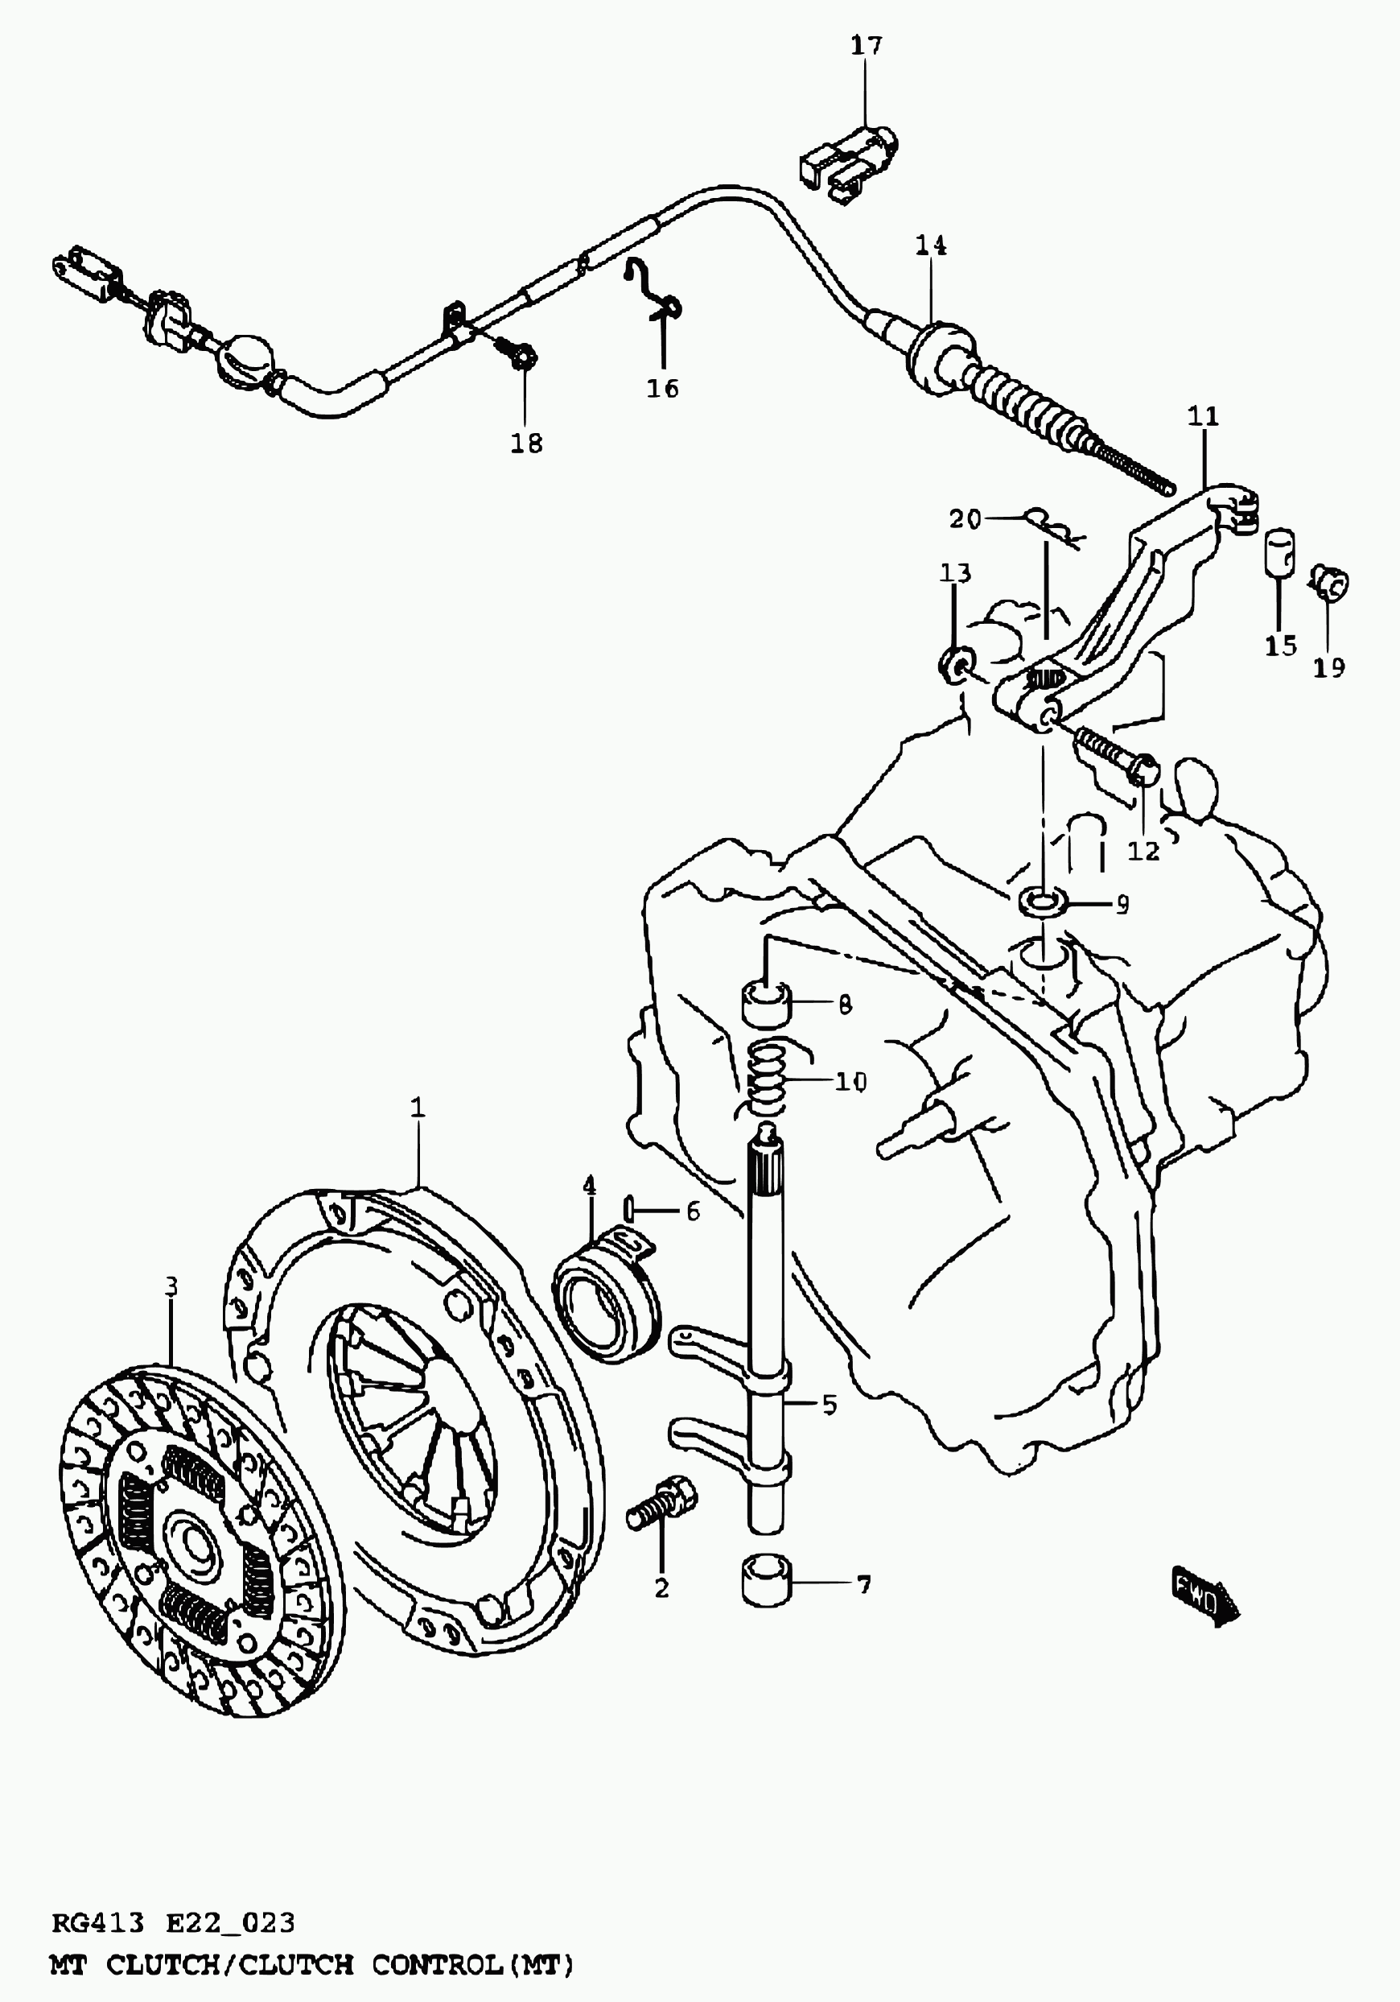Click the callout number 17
coord(867,46)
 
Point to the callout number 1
coord(418,1108)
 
